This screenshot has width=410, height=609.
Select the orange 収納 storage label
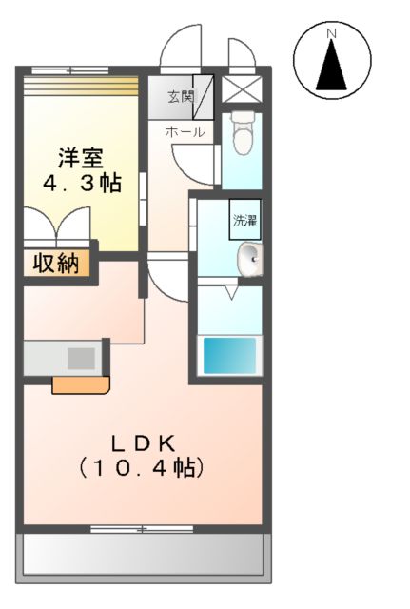tap(56, 264)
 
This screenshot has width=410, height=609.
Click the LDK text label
tap(143, 443)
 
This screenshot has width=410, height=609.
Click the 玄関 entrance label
tap(181, 97)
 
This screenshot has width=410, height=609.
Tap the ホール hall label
tap(184, 132)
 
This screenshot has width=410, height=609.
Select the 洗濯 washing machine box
tap(244, 221)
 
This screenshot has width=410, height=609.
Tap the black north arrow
tap(332, 65)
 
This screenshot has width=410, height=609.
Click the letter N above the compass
tap(332, 34)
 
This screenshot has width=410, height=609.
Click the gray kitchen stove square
tap(81, 359)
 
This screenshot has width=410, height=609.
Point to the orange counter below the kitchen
tap(80, 384)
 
